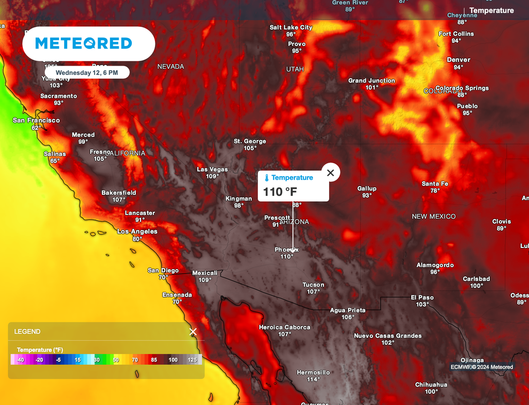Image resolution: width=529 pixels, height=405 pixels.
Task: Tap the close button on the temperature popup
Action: click(331, 173)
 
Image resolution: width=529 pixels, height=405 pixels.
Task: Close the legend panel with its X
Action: click(193, 332)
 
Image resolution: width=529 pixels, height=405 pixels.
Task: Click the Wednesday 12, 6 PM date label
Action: click(87, 73)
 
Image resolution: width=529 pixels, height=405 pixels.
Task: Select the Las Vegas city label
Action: click(212, 169)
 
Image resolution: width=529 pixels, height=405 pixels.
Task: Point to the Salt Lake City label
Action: click(291, 27)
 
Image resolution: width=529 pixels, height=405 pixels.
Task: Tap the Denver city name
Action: click(458, 60)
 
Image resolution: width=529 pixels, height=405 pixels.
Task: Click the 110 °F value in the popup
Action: click(280, 192)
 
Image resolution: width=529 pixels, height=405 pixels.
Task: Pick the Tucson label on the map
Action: click(313, 285)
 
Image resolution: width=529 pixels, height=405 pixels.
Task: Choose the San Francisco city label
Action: click(36, 120)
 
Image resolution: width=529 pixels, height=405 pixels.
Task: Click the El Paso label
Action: click(422, 298)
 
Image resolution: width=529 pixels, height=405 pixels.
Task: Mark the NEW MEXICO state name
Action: click(433, 216)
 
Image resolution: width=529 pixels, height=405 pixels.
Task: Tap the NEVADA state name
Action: click(170, 67)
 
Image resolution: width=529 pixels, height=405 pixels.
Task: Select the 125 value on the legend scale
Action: click(192, 360)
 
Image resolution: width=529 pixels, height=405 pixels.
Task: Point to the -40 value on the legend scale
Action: click(20, 360)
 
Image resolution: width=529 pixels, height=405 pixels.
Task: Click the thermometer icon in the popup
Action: click(267, 178)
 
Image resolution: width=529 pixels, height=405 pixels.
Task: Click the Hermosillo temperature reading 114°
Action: click(313, 380)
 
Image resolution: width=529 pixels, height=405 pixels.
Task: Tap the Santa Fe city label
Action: click(434, 184)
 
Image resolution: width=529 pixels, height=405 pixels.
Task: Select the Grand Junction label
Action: click(371, 81)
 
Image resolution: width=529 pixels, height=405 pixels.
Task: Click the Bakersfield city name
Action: click(119, 193)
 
